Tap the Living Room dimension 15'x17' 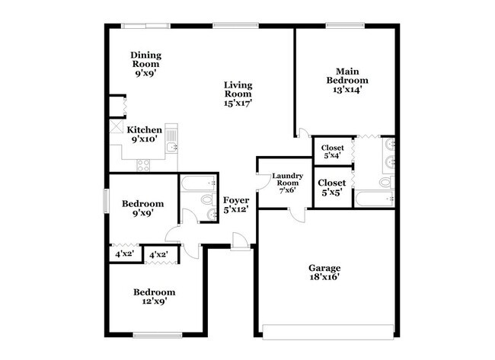coord(238,101)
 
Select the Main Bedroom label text coord(347,75)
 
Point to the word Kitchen coord(144,130)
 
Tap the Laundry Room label coord(289,180)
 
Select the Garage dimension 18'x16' coord(324,278)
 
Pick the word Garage coord(324,268)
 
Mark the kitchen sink coord(171,139)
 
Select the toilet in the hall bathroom coord(206,199)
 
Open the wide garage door coord(324,329)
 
